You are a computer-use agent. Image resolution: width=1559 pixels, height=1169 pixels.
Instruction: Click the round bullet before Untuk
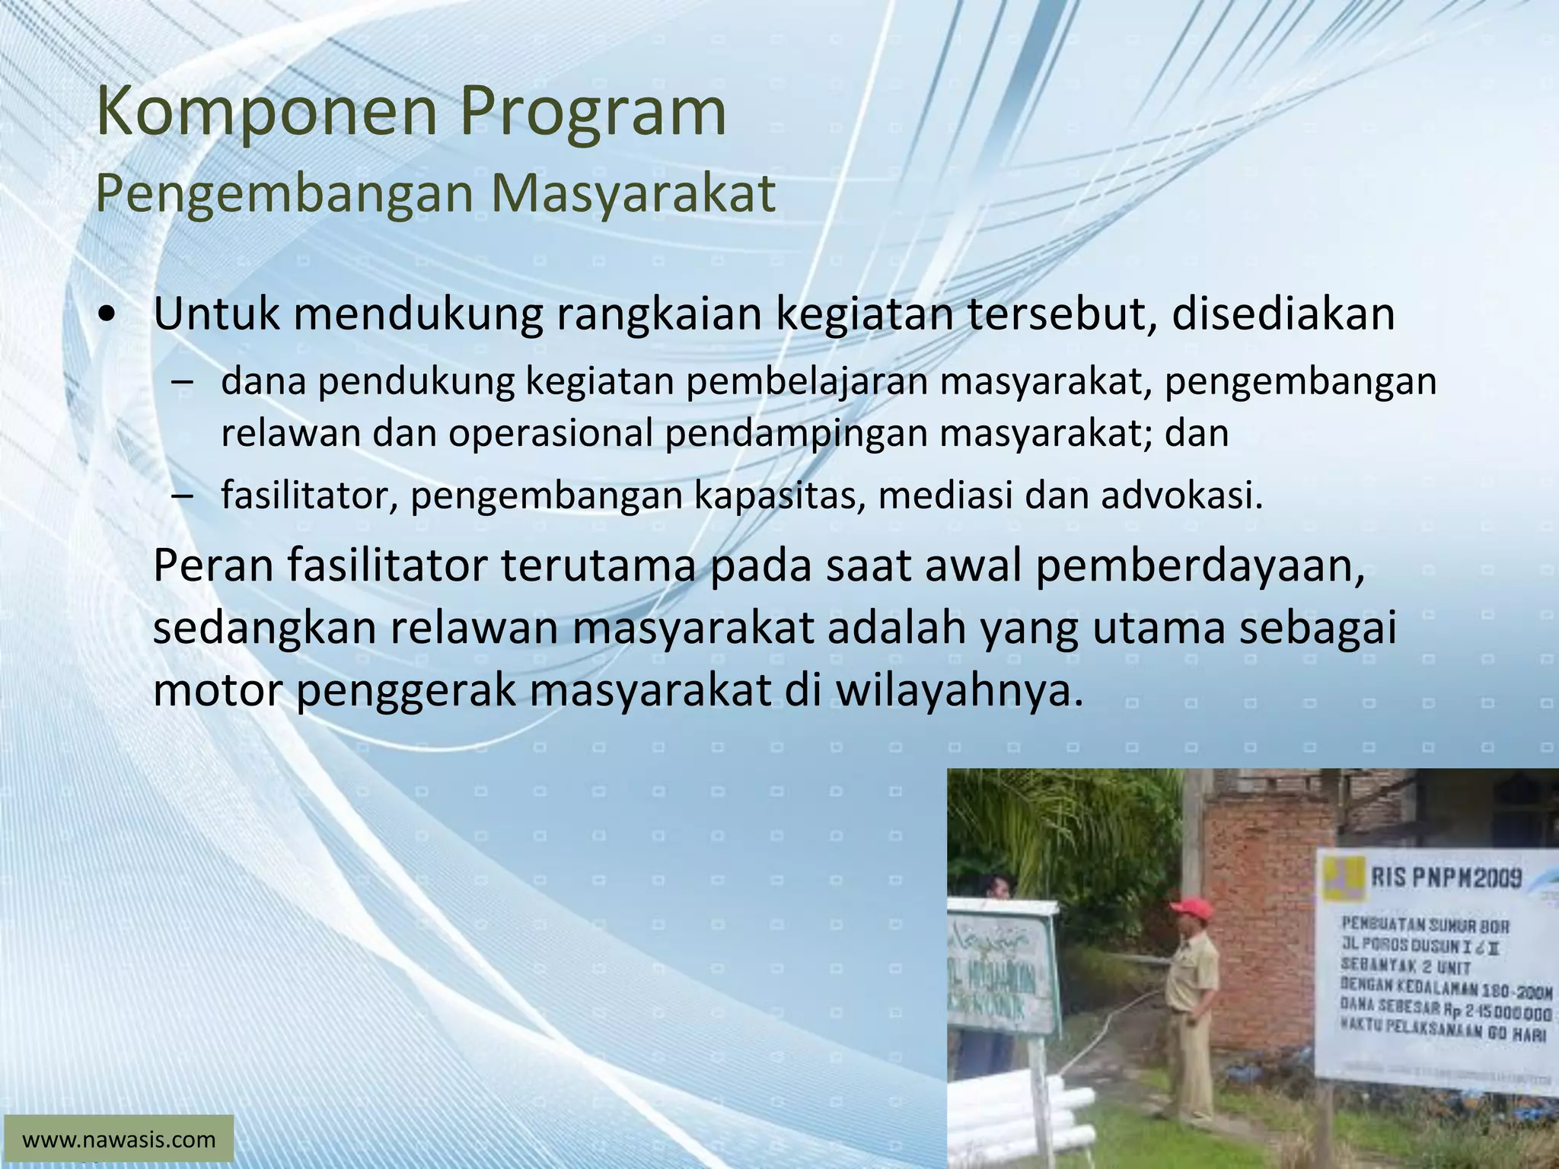108,314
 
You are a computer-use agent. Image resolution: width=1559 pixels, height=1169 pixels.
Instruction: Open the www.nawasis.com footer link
119,1140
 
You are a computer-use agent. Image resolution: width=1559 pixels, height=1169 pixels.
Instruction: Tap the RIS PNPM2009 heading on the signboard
1446,878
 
